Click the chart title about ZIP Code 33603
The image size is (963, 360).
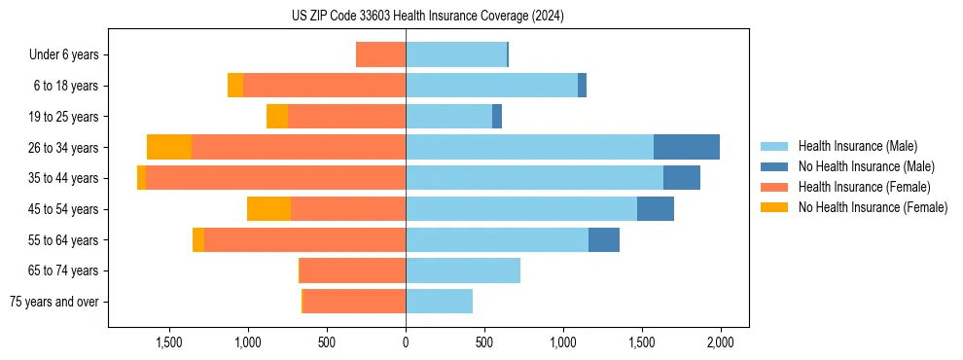[x=427, y=17]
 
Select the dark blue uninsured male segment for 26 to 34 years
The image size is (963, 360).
[x=687, y=147]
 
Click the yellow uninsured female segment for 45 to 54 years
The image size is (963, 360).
[x=268, y=208]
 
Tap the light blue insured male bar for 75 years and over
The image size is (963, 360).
[x=439, y=302]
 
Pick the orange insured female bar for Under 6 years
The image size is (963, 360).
[x=380, y=54]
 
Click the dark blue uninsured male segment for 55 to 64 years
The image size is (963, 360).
[x=604, y=239]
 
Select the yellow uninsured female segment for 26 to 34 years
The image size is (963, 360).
[x=169, y=147]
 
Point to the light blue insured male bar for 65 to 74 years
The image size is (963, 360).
[x=463, y=270]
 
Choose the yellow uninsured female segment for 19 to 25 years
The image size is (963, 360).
[x=277, y=116]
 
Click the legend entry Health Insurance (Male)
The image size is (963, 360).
[x=857, y=146]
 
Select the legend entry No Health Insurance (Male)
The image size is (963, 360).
[x=866, y=166]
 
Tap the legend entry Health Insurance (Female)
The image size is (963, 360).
[x=864, y=187]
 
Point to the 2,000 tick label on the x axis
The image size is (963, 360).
[x=720, y=342]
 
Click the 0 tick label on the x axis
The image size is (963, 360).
[x=406, y=342]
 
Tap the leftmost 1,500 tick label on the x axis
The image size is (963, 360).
[x=169, y=342]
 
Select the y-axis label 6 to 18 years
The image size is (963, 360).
[x=65, y=86]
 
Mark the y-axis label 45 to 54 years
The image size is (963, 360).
[x=63, y=209]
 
